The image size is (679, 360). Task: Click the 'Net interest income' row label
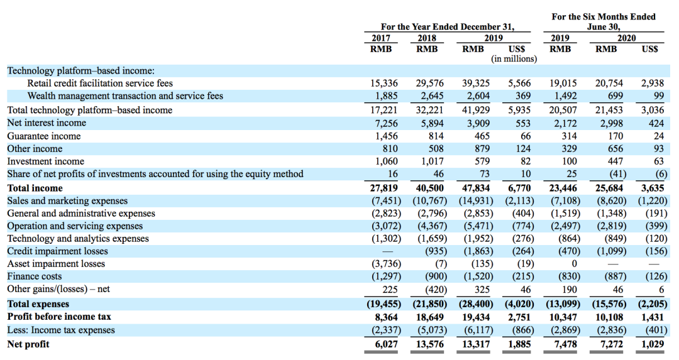pos(47,123)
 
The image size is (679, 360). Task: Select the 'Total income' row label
pos(35,188)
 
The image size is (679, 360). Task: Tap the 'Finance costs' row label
pos(34,276)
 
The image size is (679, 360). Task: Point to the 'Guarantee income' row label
pos(44,136)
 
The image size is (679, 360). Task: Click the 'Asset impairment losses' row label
pos(56,264)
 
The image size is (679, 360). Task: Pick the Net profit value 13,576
pos(430,344)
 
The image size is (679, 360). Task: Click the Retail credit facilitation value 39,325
pos(476,83)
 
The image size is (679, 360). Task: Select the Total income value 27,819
pos(384,188)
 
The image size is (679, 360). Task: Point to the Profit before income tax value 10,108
pos(609,317)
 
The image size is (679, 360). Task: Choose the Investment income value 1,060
pos(386,161)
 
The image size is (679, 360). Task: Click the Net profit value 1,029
pos(653,344)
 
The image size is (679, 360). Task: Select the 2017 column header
pos(381,38)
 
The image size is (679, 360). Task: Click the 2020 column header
pos(627,38)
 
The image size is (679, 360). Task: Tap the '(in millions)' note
pos(514,59)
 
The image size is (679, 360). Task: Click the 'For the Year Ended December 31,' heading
pos(448,27)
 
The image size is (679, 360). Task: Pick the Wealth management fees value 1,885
pos(386,96)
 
